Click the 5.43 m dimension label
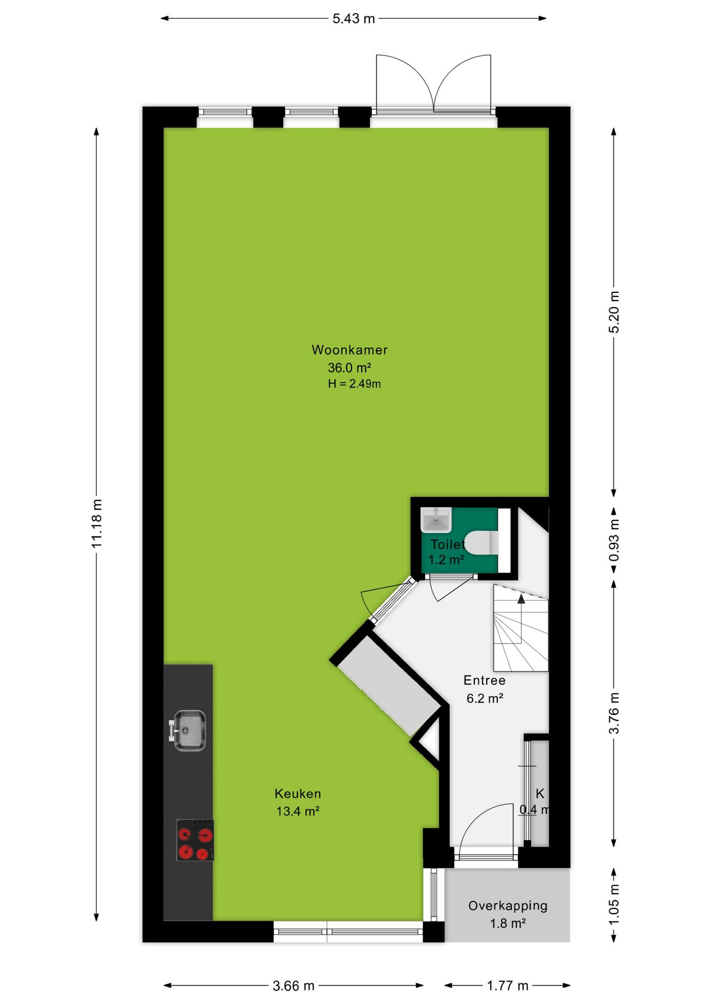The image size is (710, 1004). pos(354,19)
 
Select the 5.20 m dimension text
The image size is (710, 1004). pos(614,312)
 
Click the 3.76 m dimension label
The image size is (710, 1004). pos(614,713)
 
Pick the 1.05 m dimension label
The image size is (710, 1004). pos(614,904)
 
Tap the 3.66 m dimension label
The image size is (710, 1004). pos(293,986)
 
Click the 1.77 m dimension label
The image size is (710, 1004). pos(508,986)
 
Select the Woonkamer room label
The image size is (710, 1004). pos(350,350)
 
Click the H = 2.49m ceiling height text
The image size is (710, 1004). pos(354,384)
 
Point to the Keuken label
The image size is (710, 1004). pos(298,794)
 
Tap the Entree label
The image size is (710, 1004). pos(485,680)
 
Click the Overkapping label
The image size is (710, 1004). pos(508,906)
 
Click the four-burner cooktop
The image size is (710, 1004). pos(195,840)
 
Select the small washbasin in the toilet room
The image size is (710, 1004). pos(436,520)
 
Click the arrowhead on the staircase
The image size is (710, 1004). pos(521,599)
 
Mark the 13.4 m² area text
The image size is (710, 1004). pos(298,811)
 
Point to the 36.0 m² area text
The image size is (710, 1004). pos(350,368)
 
